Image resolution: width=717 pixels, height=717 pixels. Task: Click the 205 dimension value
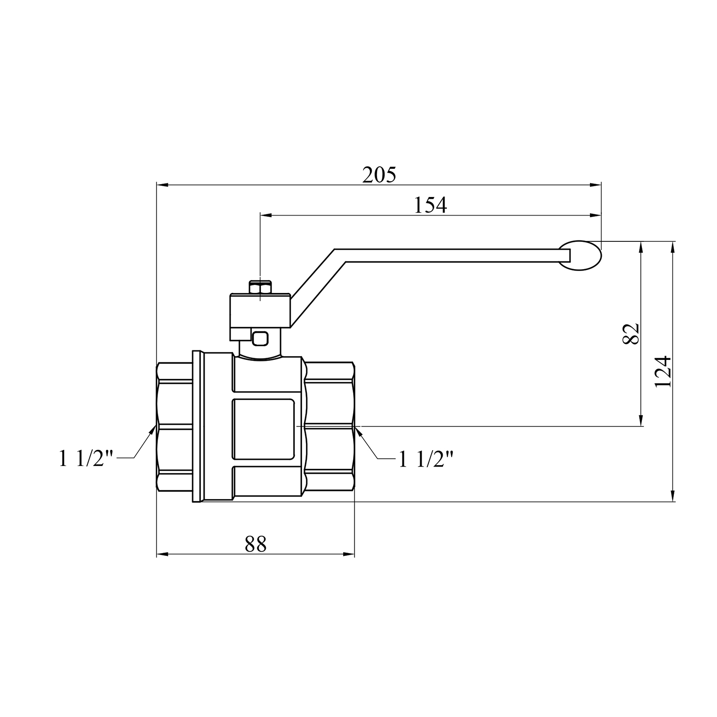click(x=379, y=175)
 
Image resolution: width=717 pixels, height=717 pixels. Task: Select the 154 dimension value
click(x=430, y=206)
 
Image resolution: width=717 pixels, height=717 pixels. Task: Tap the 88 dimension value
click(x=255, y=544)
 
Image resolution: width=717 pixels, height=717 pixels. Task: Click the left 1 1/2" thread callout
click(x=86, y=459)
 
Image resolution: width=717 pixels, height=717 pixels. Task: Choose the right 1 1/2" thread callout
click(x=425, y=459)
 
